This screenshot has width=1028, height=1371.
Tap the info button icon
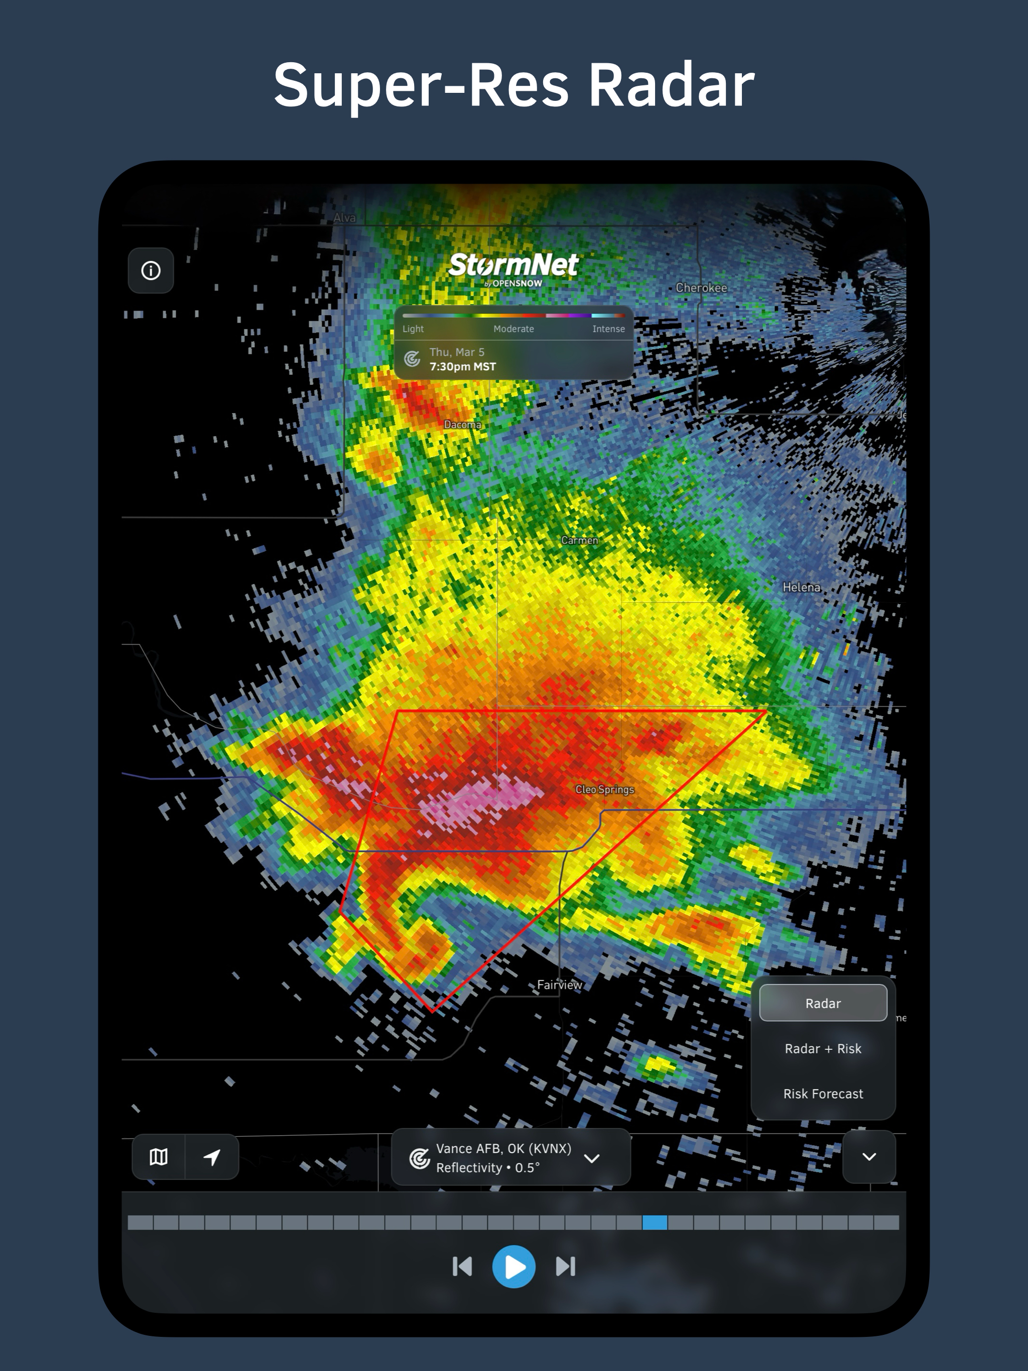(x=151, y=271)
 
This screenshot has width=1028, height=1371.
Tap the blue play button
(x=513, y=1266)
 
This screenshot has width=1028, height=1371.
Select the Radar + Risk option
(x=823, y=1049)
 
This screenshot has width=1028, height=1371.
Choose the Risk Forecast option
(x=823, y=1094)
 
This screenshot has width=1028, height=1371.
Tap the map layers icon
(x=159, y=1157)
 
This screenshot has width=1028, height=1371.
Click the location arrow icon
(x=212, y=1157)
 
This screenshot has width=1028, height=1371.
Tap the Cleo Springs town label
(x=604, y=789)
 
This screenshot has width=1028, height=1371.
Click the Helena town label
(x=801, y=587)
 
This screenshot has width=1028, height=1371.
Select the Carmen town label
(x=580, y=540)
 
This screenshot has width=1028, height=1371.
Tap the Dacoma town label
(x=462, y=425)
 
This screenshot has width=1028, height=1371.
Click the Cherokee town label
(x=701, y=288)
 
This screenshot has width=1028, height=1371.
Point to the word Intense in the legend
(x=608, y=329)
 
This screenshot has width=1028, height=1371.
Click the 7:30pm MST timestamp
(x=462, y=367)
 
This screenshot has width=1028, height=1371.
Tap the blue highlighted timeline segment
(x=655, y=1222)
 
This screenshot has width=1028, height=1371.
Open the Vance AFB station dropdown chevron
(x=592, y=1158)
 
